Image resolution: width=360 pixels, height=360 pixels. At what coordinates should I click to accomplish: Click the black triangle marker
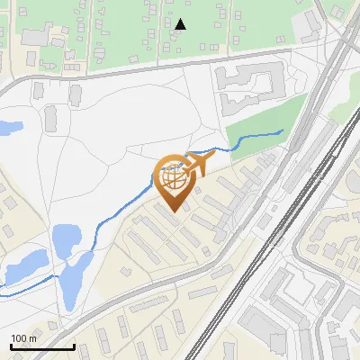[x=181, y=24]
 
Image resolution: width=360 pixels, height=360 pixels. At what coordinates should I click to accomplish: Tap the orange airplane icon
[x=199, y=165]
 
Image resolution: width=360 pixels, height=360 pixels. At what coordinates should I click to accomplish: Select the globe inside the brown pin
[x=172, y=178]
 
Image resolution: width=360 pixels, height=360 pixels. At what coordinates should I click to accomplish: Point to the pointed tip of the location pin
[x=172, y=211]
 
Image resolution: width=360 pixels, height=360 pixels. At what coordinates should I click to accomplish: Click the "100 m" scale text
[x=24, y=338]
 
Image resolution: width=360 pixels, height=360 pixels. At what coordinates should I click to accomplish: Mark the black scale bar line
[x=42, y=346]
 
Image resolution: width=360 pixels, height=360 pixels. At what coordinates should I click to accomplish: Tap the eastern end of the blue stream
[x=282, y=131]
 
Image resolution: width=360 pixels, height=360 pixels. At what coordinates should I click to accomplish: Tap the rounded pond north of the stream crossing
[x=65, y=239]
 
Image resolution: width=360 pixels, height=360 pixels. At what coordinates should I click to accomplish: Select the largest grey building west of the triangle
[x=36, y=37]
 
